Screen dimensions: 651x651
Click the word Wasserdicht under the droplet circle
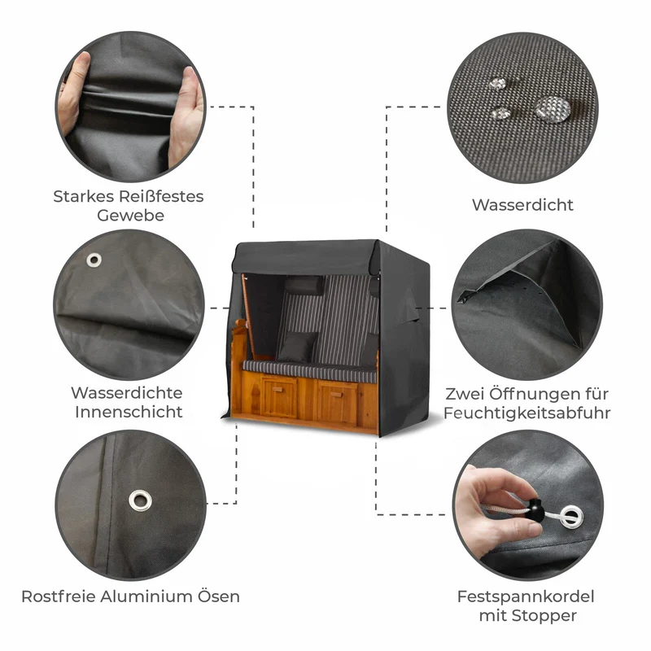pos(522,205)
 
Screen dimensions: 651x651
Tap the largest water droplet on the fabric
pos(553,109)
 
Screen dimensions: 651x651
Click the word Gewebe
pos(130,215)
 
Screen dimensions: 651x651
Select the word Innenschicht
pos(129,412)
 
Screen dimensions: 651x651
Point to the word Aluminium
pos(146,596)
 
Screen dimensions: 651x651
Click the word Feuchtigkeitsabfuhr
pos(526,413)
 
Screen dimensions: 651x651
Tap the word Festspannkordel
pos(526,596)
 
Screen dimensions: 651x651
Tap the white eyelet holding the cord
pos(571,517)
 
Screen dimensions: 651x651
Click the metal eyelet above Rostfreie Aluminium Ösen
pos(140,500)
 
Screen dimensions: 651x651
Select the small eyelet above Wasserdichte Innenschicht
pos(94,260)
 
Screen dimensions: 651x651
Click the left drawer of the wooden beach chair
pos(280,397)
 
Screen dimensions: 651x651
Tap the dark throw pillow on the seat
pos(296,347)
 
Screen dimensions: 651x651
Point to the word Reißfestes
pos(161,196)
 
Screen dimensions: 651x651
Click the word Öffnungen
pos(526,394)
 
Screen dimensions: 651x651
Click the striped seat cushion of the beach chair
pos(309,371)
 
